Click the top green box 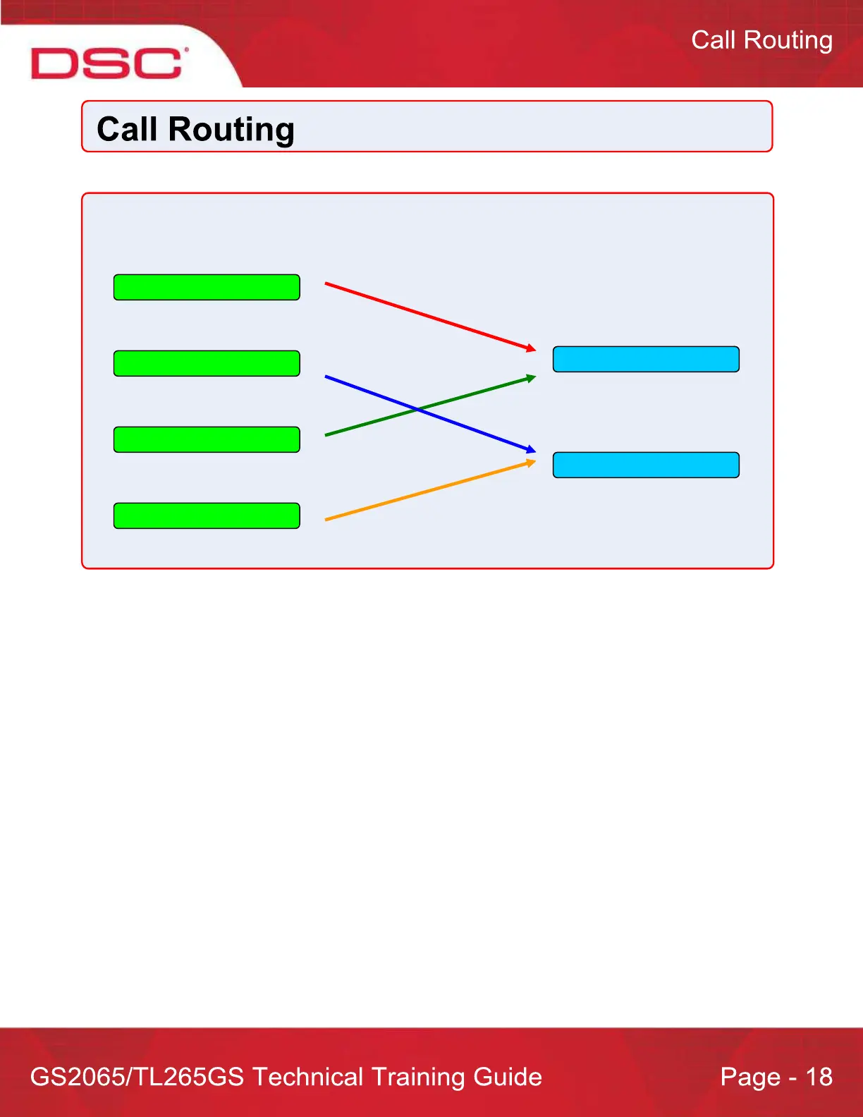point(207,288)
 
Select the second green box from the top point(207,364)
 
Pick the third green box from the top point(207,440)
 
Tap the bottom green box point(207,516)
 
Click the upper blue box point(646,360)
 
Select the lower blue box point(646,465)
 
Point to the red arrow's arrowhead point(532,349)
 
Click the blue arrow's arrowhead point(532,450)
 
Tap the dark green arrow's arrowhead point(532,378)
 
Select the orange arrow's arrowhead point(532,462)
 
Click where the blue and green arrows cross point(418,410)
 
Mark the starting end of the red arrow point(326,283)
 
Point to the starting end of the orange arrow point(326,520)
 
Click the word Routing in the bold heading point(231,130)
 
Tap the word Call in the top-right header point(714,40)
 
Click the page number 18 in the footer point(819,1077)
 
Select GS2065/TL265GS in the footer point(137,1077)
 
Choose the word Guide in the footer point(508,1077)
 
